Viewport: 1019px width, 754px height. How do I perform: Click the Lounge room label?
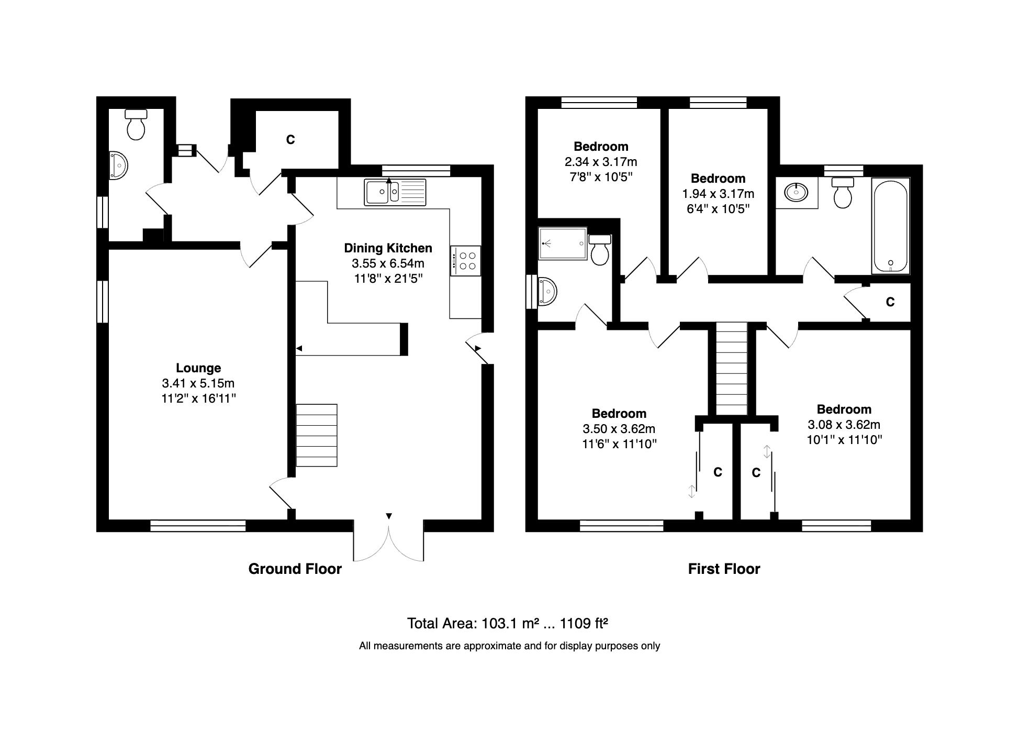coord(198,368)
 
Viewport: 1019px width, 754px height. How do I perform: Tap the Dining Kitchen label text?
coord(388,248)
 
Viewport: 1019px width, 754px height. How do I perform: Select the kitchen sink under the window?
coord(395,192)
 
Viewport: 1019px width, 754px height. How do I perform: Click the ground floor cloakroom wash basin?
coord(119,165)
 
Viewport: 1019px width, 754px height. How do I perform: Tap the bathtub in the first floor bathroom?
coord(890,226)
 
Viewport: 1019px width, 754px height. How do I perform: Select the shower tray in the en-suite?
coord(563,243)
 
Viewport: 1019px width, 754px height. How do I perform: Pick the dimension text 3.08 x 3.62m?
coord(844,425)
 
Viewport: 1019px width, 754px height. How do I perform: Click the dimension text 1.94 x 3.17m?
coord(718,194)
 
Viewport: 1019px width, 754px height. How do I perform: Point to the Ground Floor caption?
coord(295,569)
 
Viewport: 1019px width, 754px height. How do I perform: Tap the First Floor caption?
coord(724,569)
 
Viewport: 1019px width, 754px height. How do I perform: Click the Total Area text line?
coord(507,624)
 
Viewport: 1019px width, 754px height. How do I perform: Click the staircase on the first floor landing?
coord(732,369)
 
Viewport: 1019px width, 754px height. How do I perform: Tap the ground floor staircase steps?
coord(317,435)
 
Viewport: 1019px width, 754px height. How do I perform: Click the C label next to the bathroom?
coord(890,302)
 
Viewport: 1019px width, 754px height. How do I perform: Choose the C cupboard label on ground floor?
coord(290,140)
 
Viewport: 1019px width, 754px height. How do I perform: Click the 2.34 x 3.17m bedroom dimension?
coord(600,162)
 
